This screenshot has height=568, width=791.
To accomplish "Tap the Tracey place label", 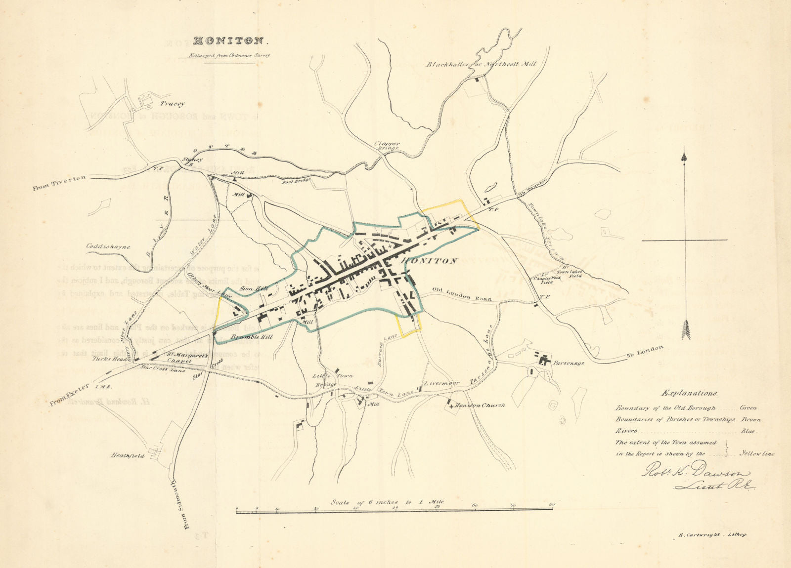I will point(172,104).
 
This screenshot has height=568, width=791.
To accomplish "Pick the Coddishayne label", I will point(108,246).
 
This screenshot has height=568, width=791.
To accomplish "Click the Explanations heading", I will point(691,394).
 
